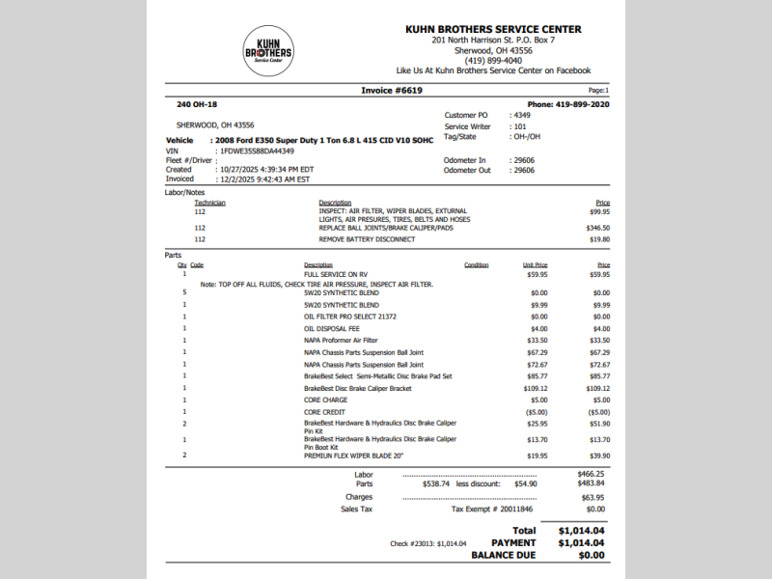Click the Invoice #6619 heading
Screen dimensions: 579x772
pos(391,90)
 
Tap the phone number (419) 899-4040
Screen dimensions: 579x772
pos(493,60)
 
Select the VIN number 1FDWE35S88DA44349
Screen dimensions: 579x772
pos(257,151)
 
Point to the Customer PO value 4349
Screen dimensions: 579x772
pos(522,115)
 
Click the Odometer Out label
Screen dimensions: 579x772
pos(467,170)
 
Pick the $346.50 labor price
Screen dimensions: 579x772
pos(597,228)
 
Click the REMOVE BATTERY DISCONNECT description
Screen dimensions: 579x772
pos(367,239)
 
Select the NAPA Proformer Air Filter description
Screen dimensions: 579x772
pos(341,340)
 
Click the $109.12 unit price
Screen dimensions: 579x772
pos(535,388)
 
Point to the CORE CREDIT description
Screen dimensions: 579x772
pos(326,412)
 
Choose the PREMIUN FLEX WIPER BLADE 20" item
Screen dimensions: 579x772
pos(353,455)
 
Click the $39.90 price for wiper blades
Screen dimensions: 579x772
pos(599,455)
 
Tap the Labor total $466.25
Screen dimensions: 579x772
pos(591,474)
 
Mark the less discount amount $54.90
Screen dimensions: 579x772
pos(525,483)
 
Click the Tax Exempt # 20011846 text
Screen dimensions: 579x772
pos(492,509)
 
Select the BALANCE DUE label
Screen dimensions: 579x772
pos(503,555)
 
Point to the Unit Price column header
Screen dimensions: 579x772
pos(535,264)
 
